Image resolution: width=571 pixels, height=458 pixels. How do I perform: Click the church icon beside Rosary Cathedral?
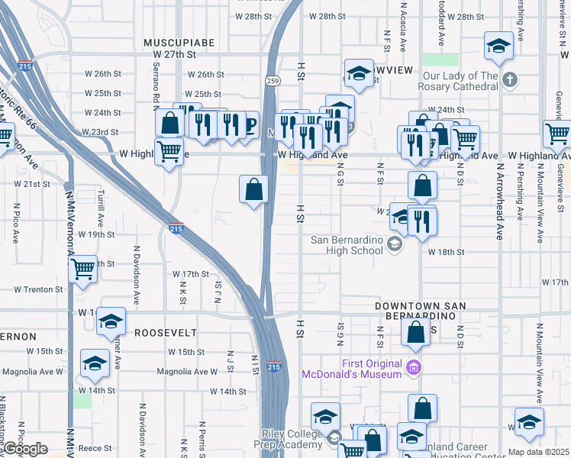point(511,79)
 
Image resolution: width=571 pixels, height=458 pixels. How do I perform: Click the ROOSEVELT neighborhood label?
point(166,333)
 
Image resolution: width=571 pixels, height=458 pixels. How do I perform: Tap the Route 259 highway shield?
point(273,80)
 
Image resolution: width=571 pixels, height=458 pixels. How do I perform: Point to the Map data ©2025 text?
point(538,452)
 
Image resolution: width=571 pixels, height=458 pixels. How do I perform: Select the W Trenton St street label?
point(38,290)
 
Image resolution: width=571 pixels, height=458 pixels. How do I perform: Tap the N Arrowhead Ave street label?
point(501,201)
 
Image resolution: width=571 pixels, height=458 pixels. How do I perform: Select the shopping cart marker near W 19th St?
point(82,268)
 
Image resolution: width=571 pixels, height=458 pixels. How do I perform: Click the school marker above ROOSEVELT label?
point(111,321)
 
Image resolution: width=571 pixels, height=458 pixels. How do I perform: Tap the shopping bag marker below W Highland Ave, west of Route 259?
point(253,189)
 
